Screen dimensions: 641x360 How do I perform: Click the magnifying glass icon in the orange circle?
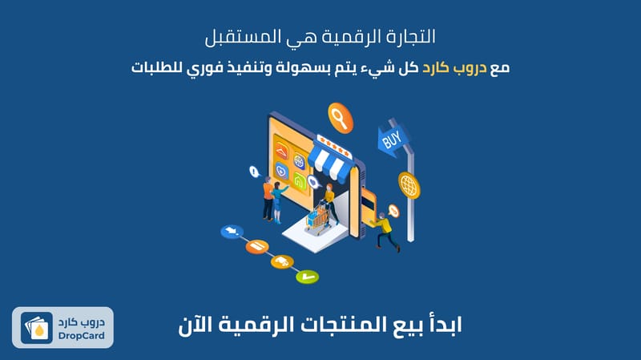coord(341,118)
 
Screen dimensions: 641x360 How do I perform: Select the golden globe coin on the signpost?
coord(409,185)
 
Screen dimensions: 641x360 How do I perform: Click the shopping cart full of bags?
coord(318,219)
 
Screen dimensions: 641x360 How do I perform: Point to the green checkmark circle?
coord(308,277)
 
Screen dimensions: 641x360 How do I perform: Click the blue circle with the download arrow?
coord(232,231)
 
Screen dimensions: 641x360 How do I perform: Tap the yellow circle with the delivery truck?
coord(282,261)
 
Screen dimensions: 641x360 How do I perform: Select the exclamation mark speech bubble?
coord(254,172)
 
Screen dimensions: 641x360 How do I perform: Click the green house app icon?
coord(300,180)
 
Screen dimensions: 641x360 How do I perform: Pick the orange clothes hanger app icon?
coord(282,151)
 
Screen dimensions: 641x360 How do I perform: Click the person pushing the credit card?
coord(385,231)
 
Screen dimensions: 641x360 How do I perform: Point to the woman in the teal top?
coord(278,203)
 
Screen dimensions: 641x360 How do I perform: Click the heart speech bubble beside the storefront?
coord(313,182)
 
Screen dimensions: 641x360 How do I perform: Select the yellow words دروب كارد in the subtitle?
coord(454,67)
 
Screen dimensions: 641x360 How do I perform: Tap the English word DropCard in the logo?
coord(82,336)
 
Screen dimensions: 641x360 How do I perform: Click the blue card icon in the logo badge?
coord(37,328)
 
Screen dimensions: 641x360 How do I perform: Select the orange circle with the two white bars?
coord(257,246)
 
